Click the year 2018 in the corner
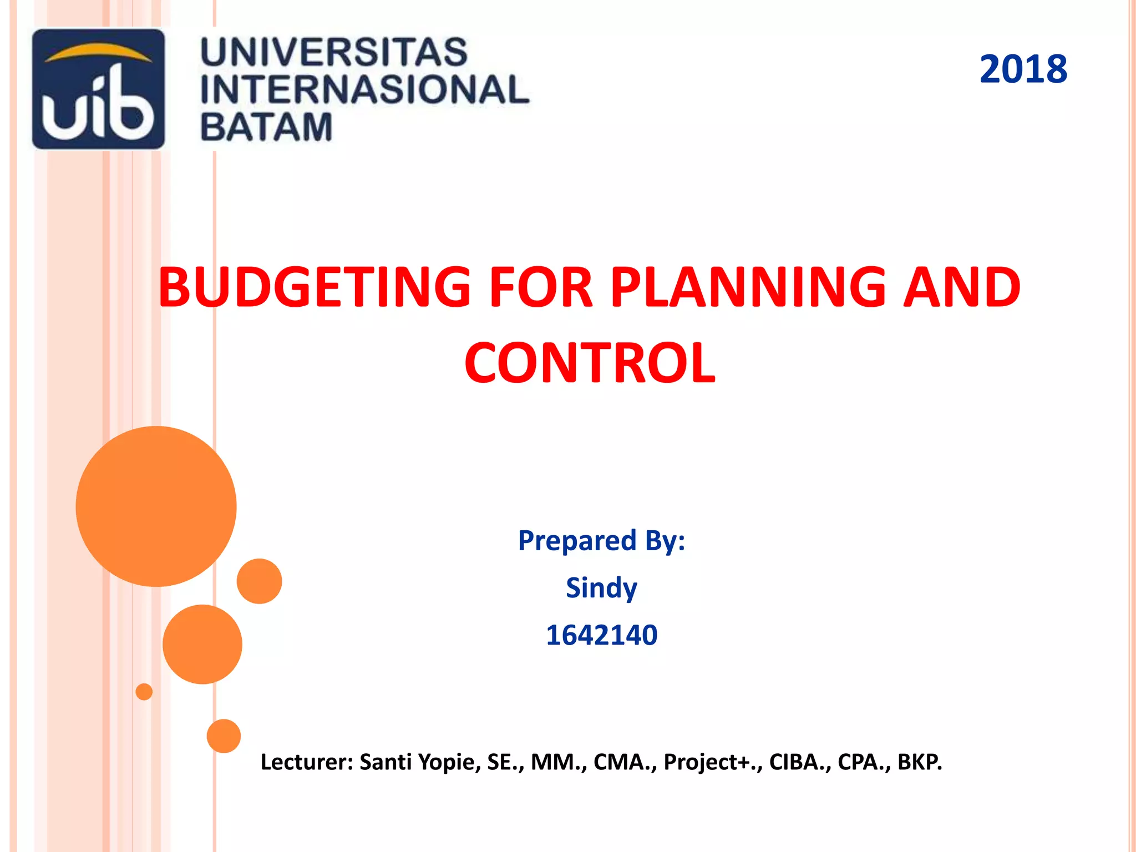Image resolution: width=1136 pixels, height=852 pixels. click(x=1023, y=69)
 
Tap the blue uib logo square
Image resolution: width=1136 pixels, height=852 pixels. click(x=98, y=89)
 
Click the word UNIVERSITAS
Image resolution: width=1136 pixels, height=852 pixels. click(x=334, y=52)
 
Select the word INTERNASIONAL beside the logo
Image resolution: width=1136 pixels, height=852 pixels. click(x=364, y=90)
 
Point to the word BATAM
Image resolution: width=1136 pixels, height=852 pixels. click(x=266, y=127)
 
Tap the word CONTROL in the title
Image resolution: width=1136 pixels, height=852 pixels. click(x=590, y=363)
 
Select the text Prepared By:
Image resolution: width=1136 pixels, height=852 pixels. click(x=601, y=540)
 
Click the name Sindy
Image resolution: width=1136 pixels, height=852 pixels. click(x=601, y=587)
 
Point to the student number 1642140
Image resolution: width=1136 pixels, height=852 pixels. click(x=601, y=635)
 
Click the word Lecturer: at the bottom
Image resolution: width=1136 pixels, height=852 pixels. click(x=307, y=762)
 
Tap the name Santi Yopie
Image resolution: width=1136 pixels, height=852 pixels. click(x=420, y=762)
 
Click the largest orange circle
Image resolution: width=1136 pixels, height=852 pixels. click(x=156, y=506)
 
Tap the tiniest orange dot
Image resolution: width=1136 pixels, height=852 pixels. click(x=144, y=692)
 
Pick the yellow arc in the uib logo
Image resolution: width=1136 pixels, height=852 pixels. click(x=98, y=53)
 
